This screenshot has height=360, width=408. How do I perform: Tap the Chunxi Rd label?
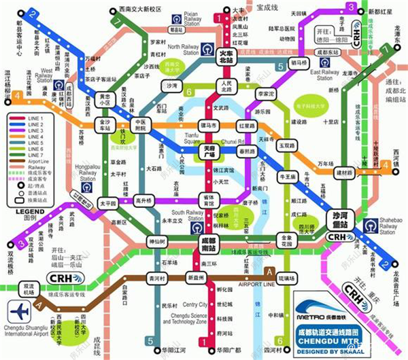pyautogui.click(x=233, y=141)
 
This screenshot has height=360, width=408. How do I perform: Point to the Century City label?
pyautogui.click(x=195, y=304)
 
